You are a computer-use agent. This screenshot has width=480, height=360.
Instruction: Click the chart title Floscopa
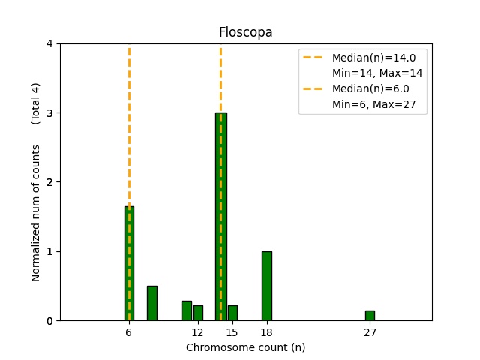click(245, 32)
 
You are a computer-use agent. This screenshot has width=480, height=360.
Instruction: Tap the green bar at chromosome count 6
click(129, 263)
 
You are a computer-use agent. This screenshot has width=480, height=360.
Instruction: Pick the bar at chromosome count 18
click(266, 286)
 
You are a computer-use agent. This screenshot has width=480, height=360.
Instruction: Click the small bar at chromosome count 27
click(370, 316)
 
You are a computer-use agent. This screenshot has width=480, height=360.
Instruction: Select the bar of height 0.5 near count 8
click(152, 303)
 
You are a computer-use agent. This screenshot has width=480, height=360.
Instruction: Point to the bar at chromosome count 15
click(232, 313)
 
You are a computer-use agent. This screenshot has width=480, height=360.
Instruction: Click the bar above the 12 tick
click(198, 313)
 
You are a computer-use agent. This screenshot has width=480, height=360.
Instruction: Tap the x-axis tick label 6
click(129, 332)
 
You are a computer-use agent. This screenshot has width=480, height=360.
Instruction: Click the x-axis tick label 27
click(370, 332)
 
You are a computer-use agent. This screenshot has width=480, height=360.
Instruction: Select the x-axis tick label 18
click(266, 332)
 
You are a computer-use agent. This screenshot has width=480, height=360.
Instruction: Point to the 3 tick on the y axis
click(50, 113)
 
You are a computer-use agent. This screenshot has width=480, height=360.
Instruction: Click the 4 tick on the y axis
click(50, 43)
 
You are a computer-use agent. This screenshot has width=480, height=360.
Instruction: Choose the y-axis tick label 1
click(50, 251)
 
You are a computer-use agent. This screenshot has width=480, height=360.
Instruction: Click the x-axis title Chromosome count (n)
click(245, 347)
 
